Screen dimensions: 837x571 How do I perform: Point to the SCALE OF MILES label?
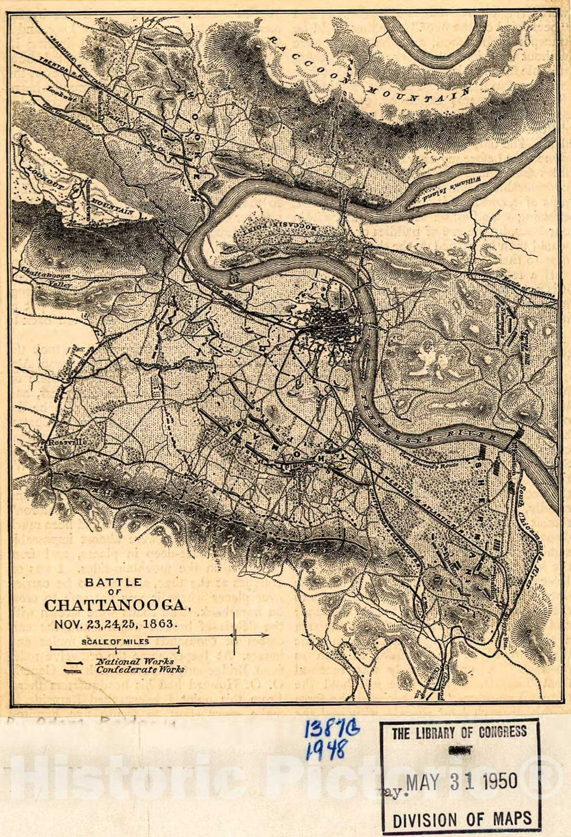pos(115,642)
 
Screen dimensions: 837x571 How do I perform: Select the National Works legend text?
pos(134,662)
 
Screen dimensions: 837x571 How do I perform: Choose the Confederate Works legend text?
pos(140,669)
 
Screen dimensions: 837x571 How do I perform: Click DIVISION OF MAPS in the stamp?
pos(462,819)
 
